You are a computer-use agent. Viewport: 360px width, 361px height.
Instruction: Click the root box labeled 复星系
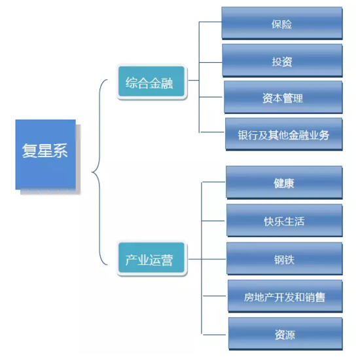[x=46, y=154]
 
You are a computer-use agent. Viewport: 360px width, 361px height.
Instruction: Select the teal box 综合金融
[x=152, y=81]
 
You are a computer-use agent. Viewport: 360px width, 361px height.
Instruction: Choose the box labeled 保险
[x=282, y=23]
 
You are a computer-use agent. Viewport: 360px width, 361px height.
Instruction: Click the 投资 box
[x=282, y=60]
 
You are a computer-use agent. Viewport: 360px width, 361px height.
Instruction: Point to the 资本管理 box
[x=283, y=97]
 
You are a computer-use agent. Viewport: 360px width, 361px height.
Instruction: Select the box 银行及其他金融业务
[x=284, y=134]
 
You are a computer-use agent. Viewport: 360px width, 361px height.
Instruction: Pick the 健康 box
[x=284, y=182]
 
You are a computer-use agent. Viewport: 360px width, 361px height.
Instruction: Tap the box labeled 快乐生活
[x=285, y=220]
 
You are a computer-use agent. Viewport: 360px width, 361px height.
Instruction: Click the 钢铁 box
[x=285, y=258]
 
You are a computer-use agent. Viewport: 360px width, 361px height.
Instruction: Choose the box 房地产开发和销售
[x=285, y=296]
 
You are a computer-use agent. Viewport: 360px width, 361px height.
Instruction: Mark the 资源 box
[x=285, y=333]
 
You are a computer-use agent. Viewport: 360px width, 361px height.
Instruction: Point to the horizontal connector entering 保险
[x=210, y=22]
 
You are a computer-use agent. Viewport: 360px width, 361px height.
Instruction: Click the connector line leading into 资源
[x=214, y=334]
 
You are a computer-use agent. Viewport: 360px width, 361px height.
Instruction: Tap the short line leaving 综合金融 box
[x=194, y=80]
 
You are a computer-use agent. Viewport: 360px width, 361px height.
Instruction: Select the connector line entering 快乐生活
[x=213, y=221]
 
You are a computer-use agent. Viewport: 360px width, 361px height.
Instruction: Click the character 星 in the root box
[x=45, y=151]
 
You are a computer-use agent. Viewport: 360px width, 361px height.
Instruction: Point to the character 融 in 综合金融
[x=167, y=83]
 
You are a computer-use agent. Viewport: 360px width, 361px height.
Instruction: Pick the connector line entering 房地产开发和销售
[x=215, y=296]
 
